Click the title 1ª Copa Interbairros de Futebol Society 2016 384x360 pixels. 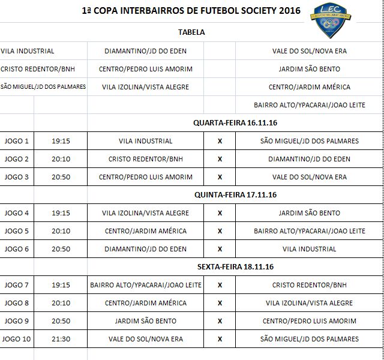[191, 11]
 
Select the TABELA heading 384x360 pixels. [191, 32]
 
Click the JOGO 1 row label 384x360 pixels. [17, 141]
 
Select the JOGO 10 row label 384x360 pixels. [17, 339]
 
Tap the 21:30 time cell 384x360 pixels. [61, 339]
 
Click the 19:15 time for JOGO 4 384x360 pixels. [61, 213]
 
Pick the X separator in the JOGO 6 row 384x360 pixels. [220, 249]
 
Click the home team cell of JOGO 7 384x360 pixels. [146, 285]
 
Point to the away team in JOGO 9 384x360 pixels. [309, 321]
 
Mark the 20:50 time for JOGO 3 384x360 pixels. [61, 177]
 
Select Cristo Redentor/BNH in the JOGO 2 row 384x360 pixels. [146, 159]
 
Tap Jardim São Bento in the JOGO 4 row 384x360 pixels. [309, 213]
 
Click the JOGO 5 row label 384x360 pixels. [17, 231]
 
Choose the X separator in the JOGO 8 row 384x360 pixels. [220, 303]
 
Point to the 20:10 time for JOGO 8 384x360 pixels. [61, 303]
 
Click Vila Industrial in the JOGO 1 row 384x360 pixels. [146, 141]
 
